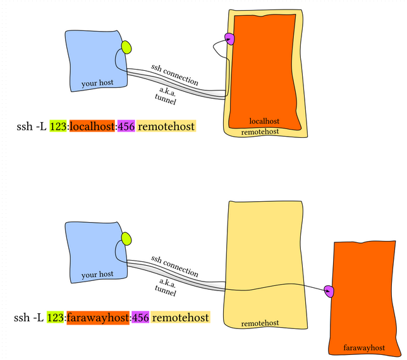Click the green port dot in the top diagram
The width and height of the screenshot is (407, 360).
pyautogui.click(x=126, y=47)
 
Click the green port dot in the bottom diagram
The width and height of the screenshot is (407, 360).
pyautogui.click(x=126, y=239)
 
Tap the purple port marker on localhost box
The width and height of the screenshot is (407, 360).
pyautogui.click(x=229, y=39)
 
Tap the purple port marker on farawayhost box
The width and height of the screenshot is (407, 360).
pyautogui.click(x=329, y=292)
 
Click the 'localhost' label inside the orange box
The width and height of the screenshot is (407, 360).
pyautogui.click(x=264, y=121)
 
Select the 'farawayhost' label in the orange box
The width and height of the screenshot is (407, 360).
pyautogui.click(x=364, y=348)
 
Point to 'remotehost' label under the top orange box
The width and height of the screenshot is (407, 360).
pyautogui.click(x=260, y=132)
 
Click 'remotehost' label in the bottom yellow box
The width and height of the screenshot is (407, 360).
pyautogui.click(x=260, y=323)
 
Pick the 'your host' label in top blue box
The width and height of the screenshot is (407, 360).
pyautogui.click(x=97, y=83)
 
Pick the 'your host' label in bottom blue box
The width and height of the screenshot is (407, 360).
pyautogui.click(x=97, y=275)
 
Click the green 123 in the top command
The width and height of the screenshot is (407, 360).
pyautogui.click(x=58, y=127)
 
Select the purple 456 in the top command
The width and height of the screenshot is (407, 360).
pyautogui.click(x=126, y=127)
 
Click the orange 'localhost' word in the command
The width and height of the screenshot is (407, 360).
pyautogui.click(x=92, y=127)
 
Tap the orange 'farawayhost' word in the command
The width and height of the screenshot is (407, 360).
pyautogui.click(x=98, y=318)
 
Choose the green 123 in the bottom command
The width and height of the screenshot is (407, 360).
pyautogui.click(x=55, y=318)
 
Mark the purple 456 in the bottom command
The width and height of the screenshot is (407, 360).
pyautogui.click(x=140, y=318)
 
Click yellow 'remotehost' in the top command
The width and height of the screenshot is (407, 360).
pyautogui.click(x=166, y=127)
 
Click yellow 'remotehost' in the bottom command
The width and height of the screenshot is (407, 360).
pyautogui.click(x=180, y=318)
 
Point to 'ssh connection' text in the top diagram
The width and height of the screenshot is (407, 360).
pyautogui.click(x=174, y=75)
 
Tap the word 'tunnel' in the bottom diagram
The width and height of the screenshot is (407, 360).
pyautogui.click(x=166, y=290)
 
